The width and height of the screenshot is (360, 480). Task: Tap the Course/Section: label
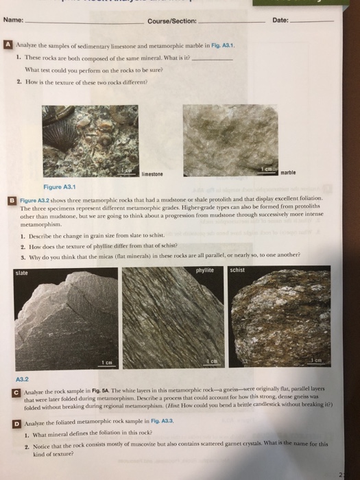pyautogui.click(x=171, y=21)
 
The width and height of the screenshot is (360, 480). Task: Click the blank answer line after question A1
pyautogui.click(x=214, y=59)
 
